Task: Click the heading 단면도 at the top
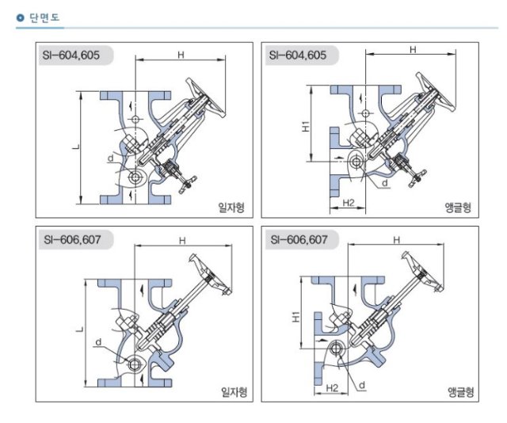coord(44,17)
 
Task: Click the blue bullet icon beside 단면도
coord(20,17)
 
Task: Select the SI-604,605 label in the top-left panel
coord(71,55)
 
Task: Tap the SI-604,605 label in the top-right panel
coord(298,55)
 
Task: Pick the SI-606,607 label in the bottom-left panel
coord(72,240)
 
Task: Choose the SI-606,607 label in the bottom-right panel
coord(299,240)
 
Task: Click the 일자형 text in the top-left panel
coord(231,207)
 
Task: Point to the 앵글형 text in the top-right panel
coord(458,207)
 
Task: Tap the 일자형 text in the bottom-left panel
coord(234,392)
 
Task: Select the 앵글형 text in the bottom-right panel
coord(461,392)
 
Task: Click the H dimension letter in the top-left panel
coord(181,55)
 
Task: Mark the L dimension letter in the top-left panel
coord(76,147)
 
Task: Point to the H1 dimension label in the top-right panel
coord(306,126)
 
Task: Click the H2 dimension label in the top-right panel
coord(349,203)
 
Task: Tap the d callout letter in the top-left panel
coord(111,158)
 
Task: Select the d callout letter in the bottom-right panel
coord(362,385)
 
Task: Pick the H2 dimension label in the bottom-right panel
coord(332,387)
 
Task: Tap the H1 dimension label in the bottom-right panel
coord(296,317)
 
